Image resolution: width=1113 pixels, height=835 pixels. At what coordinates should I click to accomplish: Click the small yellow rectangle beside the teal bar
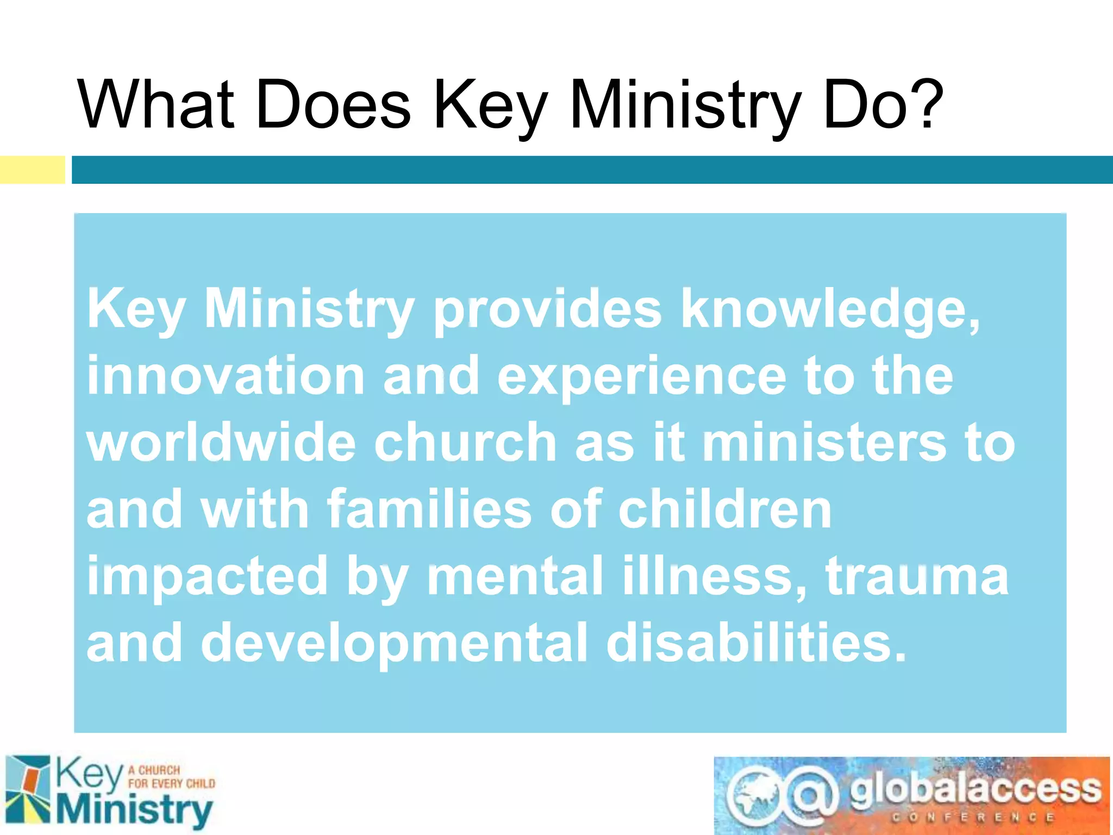point(32,170)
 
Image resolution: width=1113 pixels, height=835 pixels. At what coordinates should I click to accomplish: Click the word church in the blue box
point(465,443)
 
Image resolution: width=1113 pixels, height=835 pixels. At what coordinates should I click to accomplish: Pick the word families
point(429,509)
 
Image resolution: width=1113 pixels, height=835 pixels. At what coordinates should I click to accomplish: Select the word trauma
point(917,576)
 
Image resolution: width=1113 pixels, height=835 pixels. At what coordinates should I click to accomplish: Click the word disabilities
point(755,643)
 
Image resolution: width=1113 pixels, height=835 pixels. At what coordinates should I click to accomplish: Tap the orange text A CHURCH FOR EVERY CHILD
point(171,777)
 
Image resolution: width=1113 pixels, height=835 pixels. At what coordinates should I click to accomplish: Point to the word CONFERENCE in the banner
point(973,818)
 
